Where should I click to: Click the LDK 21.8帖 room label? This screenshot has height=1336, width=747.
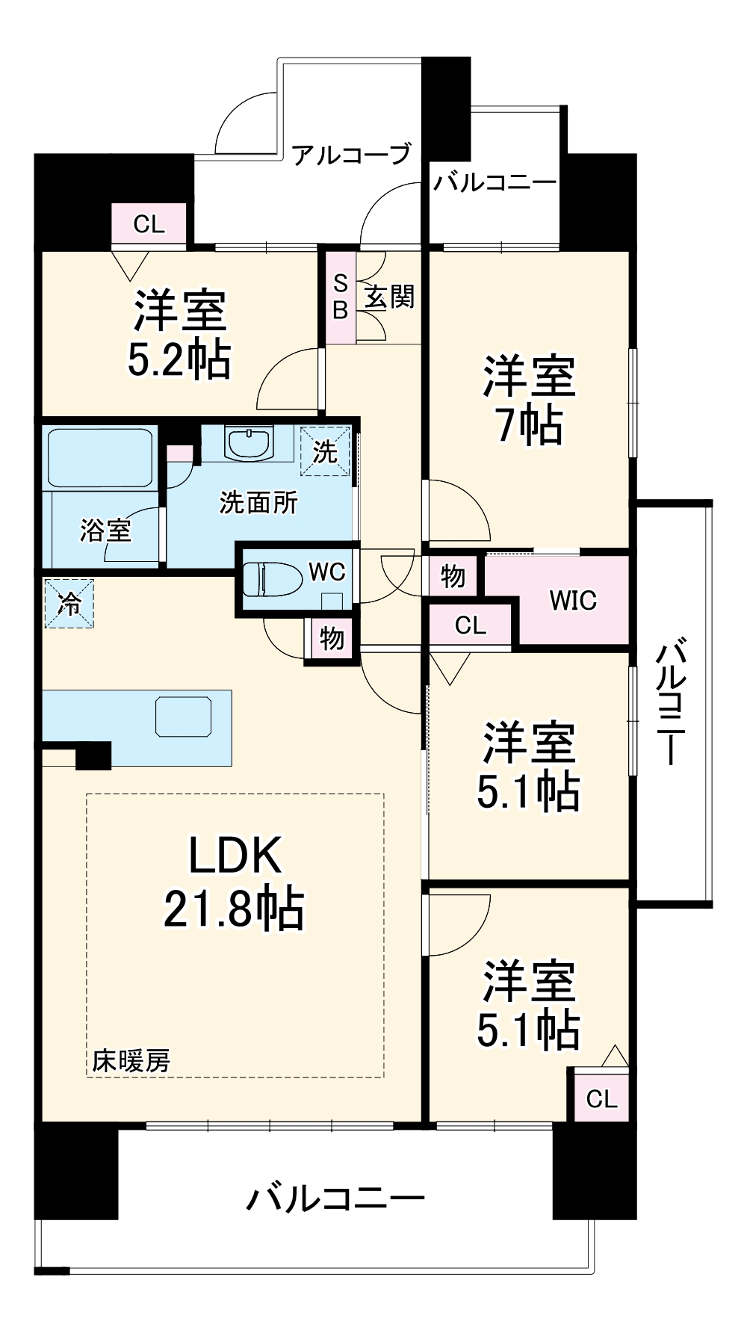(x=234, y=882)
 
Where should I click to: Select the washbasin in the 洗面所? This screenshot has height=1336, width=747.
(x=249, y=445)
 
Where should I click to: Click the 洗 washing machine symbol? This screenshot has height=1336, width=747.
(x=325, y=451)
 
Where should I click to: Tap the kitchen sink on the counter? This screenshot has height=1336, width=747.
(x=183, y=717)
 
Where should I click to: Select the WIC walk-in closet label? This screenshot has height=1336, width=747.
(x=573, y=600)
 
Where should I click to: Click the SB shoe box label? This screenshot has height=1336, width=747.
(x=341, y=297)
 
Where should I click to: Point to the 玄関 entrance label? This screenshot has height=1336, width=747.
(x=389, y=297)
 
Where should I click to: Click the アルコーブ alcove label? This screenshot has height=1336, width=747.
(x=351, y=155)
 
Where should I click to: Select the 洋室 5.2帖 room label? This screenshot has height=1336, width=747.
(x=179, y=334)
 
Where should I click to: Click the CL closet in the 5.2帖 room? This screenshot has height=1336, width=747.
(x=149, y=224)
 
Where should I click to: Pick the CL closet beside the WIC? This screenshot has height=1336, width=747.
(x=471, y=625)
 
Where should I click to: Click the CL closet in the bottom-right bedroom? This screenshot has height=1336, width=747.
(x=601, y=1098)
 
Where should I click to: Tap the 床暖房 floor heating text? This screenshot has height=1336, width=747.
(x=131, y=1060)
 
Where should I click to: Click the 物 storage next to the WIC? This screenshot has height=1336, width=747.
(x=453, y=576)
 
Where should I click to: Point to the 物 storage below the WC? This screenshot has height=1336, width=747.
(x=332, y=638)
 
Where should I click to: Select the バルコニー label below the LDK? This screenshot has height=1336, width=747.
(x=335, y=1198)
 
